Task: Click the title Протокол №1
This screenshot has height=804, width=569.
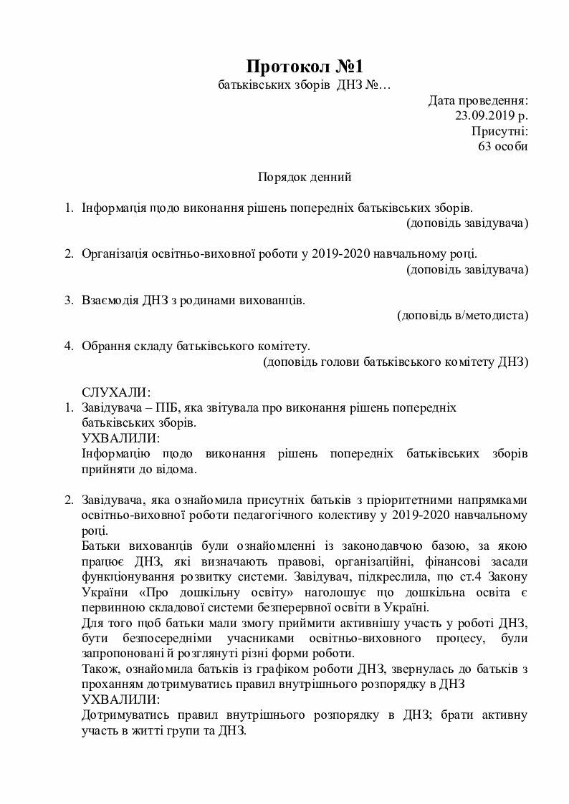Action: point(305,67)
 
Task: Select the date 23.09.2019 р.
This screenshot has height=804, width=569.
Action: point(492,115)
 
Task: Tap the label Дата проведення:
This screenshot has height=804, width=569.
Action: point(479,100)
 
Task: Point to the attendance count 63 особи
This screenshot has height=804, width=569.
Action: point(503,146)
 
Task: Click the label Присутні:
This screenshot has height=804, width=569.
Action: point(499,131)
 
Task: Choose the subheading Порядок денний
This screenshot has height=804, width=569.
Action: point(305,176)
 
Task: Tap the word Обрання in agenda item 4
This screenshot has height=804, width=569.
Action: point(105,346)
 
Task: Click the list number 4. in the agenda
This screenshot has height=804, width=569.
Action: point(70,346)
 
